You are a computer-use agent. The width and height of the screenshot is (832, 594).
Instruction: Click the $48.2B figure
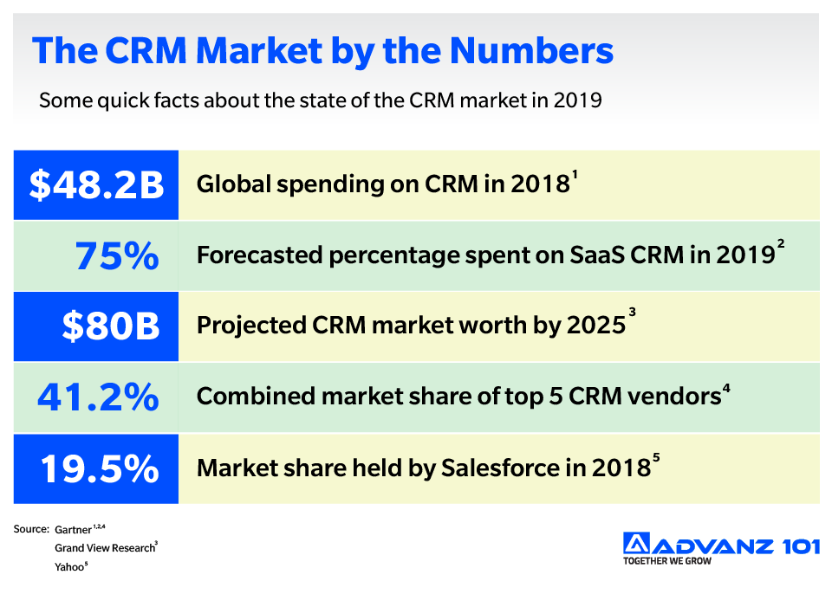tap(96, 184)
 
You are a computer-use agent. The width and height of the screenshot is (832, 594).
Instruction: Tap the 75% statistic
tap(116, 255)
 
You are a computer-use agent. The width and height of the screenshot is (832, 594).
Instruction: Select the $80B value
tap(110, 326)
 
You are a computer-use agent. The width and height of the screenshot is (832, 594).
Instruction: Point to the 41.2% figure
tap(98, 397)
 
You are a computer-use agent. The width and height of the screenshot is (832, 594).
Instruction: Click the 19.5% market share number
tap(100, 468)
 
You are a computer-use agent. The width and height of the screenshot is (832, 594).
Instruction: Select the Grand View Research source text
tap(104, 548)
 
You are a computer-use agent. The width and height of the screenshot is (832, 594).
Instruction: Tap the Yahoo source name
tap(69, 567)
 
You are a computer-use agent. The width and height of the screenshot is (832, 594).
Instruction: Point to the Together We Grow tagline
tap(666, 561)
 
